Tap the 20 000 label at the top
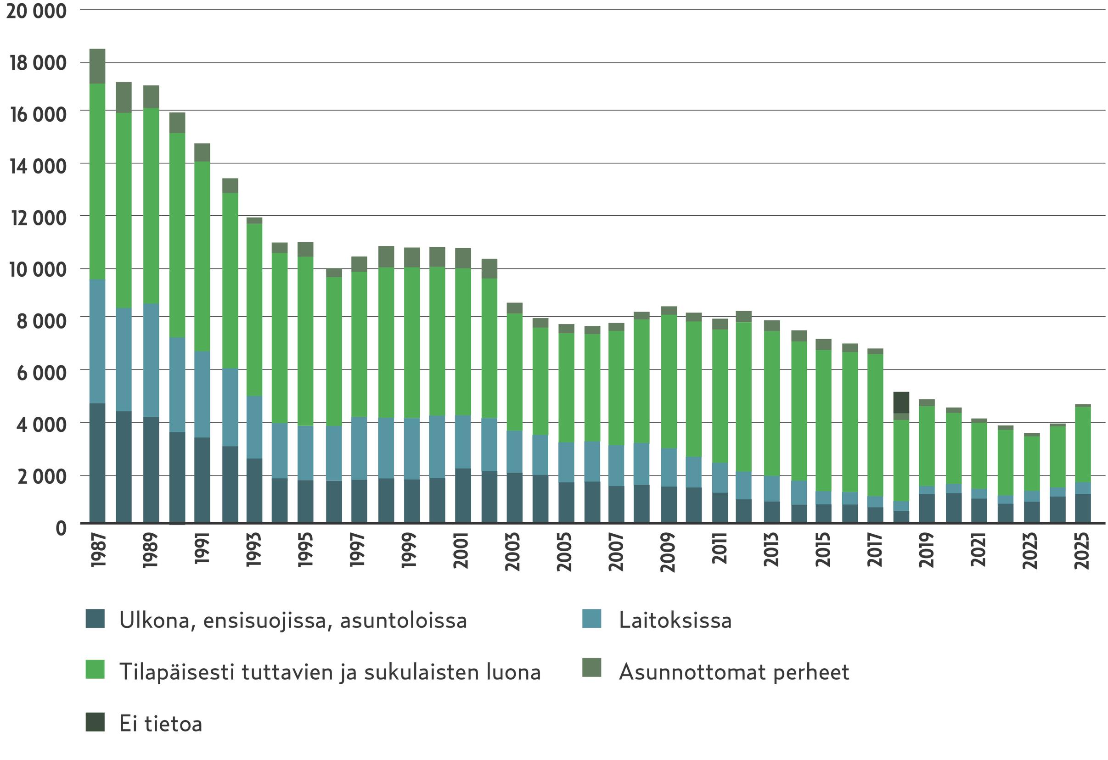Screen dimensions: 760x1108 [36, 11]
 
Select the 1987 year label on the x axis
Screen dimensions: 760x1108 [98, 550]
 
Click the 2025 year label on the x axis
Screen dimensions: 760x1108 [1082, 551]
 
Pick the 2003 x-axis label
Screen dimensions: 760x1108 [512, 551]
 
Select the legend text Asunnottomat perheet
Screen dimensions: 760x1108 [734, 672]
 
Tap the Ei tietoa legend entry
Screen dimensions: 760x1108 [161, 723]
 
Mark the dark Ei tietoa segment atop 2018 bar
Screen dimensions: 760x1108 [900, 402]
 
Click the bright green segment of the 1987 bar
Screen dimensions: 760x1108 [97, 181]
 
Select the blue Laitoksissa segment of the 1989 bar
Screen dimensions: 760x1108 [151, 360]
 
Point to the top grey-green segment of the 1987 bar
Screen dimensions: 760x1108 [97, 66]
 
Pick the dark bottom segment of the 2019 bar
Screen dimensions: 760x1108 [926, 508]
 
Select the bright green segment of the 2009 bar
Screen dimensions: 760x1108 [669, 381]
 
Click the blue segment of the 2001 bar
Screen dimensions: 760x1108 [462, 441]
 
